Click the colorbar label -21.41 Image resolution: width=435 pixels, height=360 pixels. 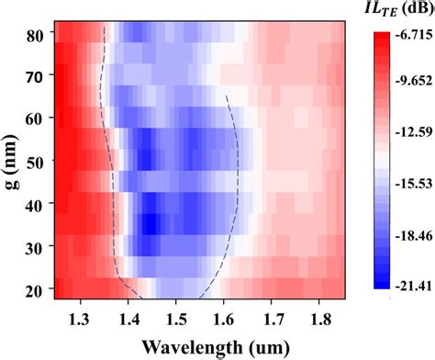click(x=413, y=288)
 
